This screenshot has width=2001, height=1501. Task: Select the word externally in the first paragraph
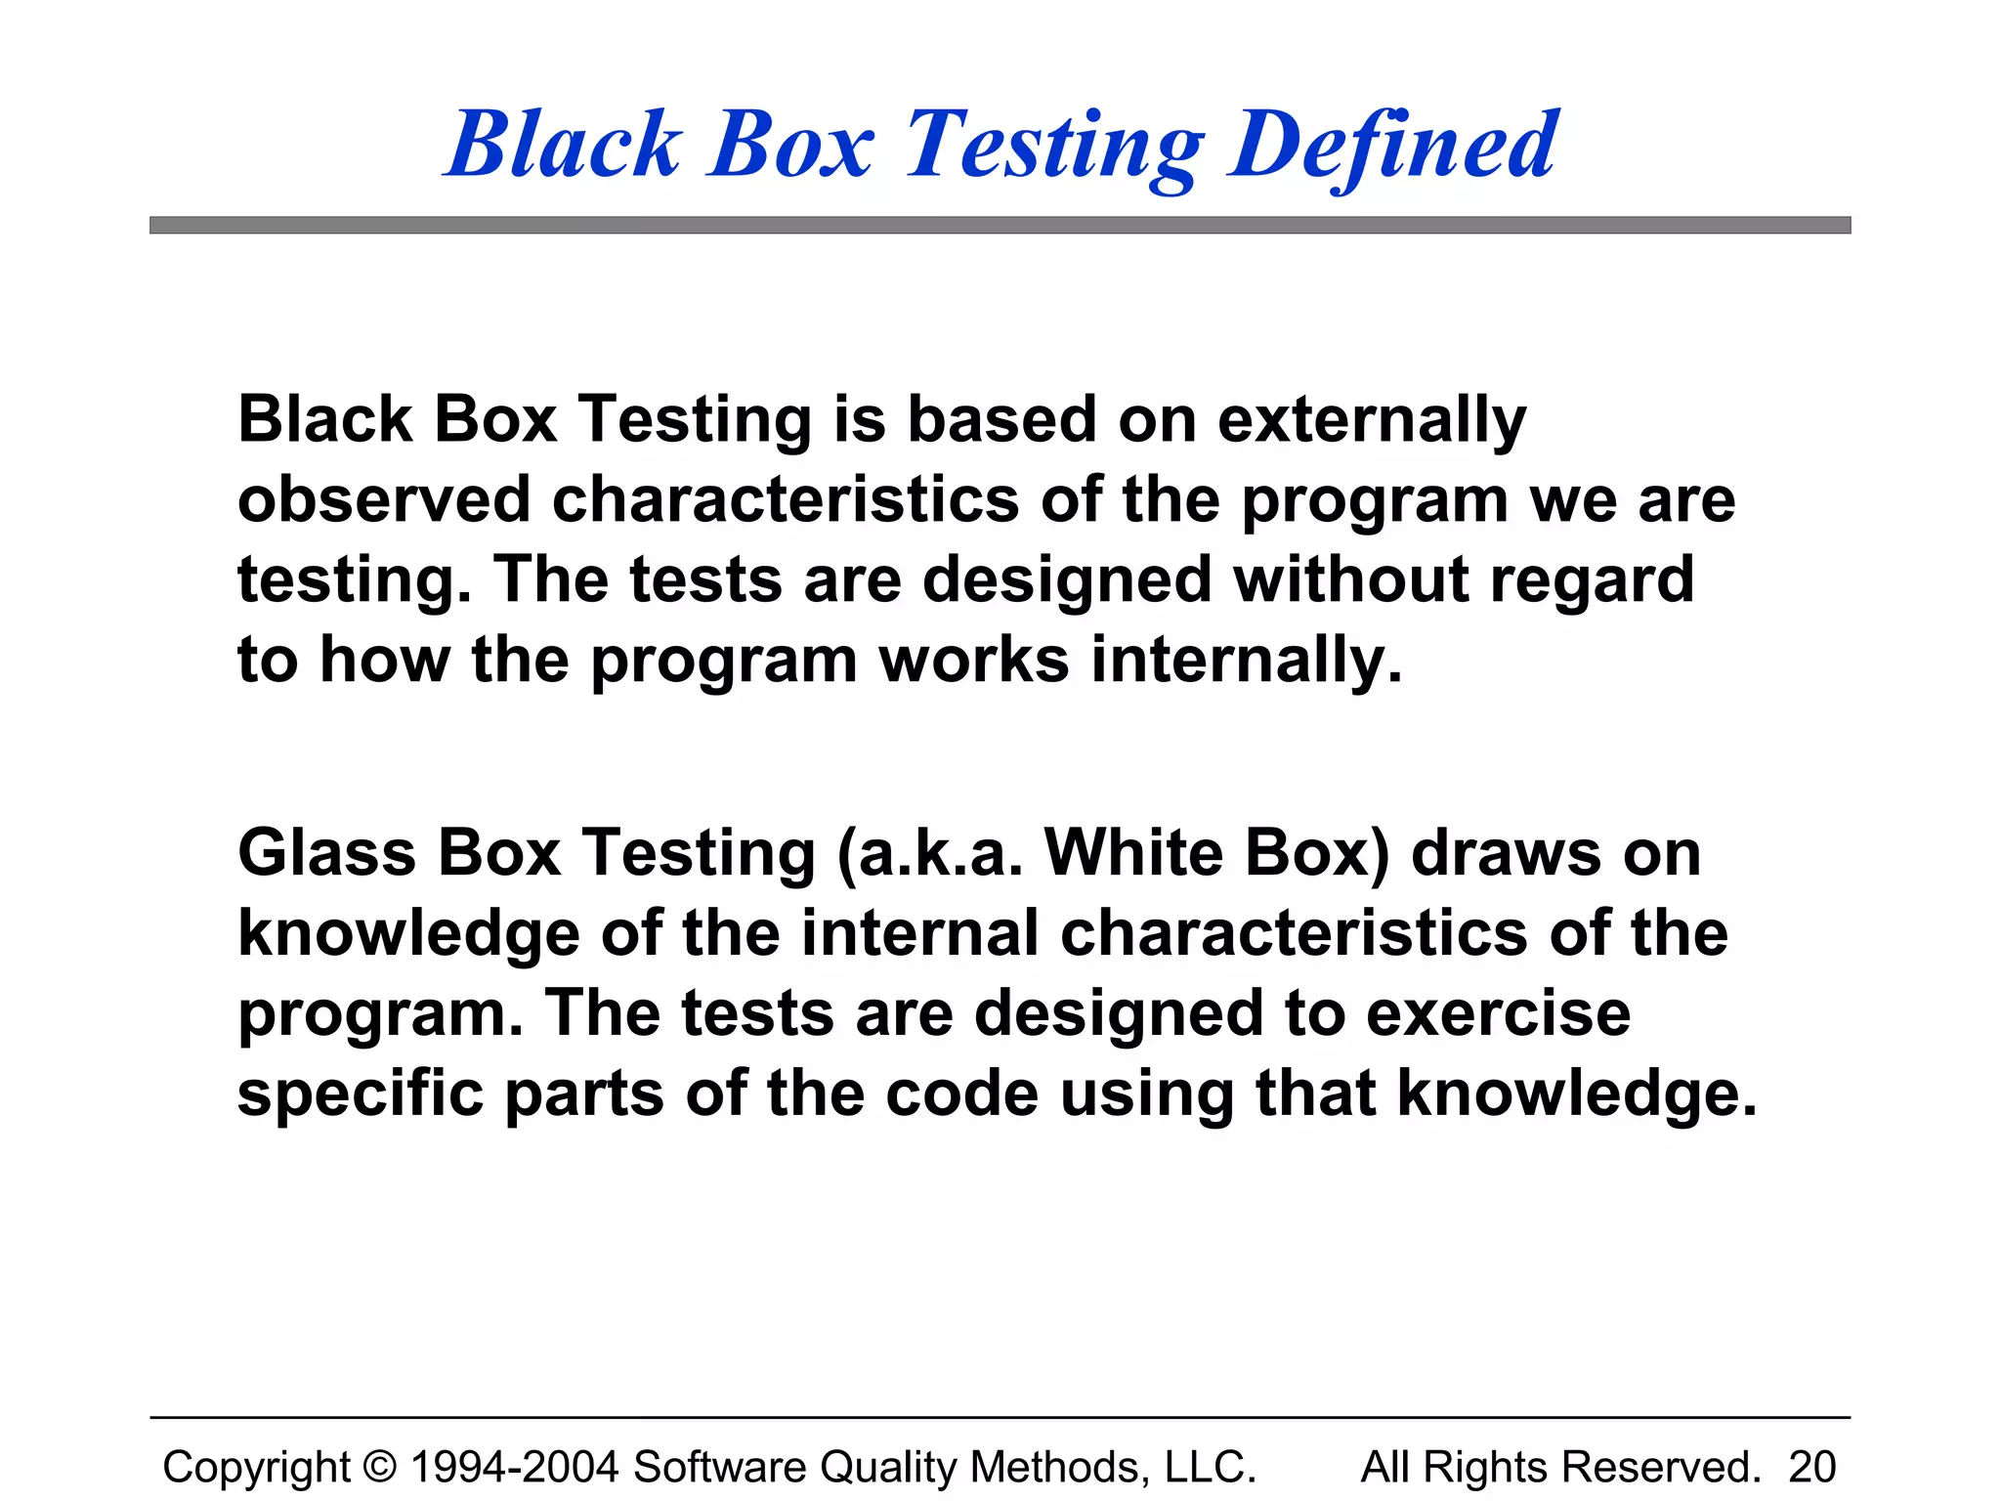[1372, 420]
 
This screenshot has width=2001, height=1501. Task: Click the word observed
[384, 499]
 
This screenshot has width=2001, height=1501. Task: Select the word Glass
[326, 853]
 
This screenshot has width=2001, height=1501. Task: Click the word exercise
[1498, 1013]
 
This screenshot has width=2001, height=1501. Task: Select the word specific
[361, 1094]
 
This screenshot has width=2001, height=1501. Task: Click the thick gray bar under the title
[1000, 226]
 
